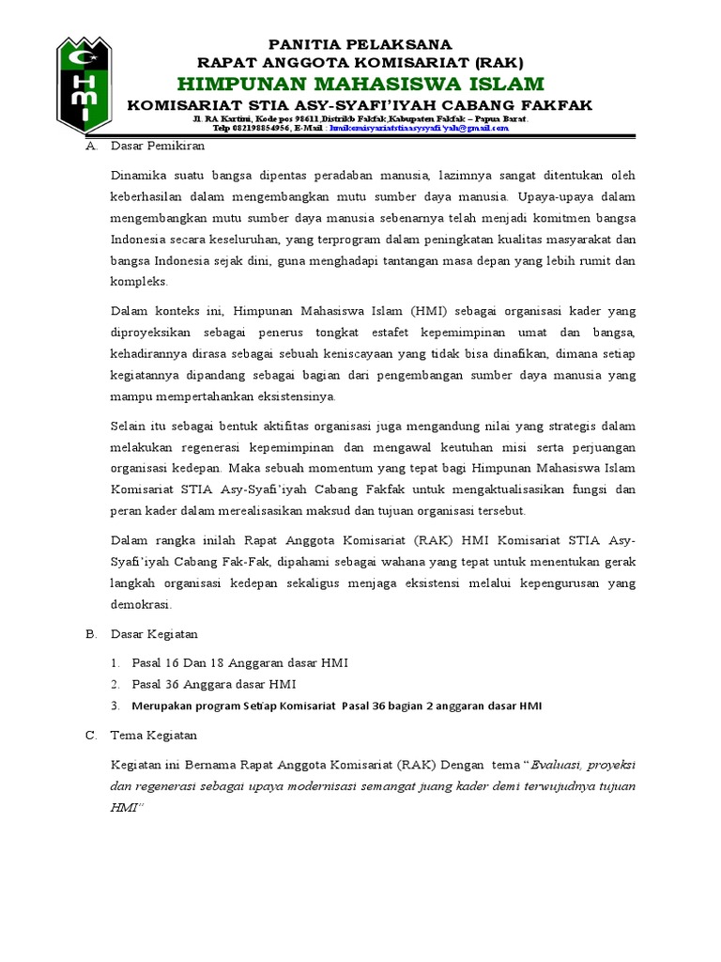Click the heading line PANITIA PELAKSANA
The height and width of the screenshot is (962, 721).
point(360,44)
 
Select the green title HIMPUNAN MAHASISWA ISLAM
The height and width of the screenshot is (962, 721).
point(360,84)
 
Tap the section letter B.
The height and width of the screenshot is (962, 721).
point(91,634)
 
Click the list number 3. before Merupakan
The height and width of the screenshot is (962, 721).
point(115,705)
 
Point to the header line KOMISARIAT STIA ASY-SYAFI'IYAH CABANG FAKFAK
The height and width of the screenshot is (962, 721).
point(360,105)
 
